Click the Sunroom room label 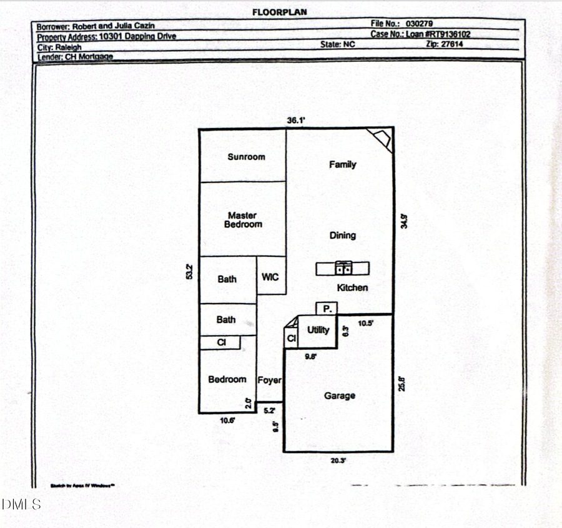246,157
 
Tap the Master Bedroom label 242,220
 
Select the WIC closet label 270,277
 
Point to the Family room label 342,164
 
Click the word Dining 342,236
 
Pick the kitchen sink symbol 343,268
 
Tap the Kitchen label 352,288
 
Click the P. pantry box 327,308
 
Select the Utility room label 318,329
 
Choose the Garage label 339,396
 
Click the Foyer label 270,380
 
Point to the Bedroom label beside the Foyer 227,379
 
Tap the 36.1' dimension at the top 295,121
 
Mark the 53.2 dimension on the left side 189,272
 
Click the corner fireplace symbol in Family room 380,138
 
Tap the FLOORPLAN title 279,12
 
